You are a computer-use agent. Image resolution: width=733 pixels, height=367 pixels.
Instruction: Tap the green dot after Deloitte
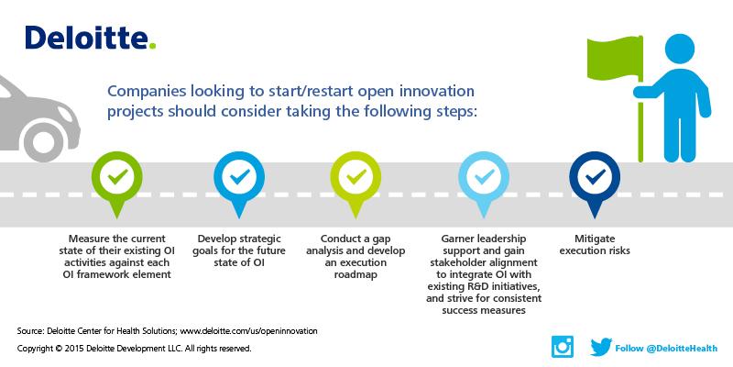click(153, 46)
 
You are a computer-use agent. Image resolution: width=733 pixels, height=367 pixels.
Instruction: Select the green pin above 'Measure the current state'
click(115, 177)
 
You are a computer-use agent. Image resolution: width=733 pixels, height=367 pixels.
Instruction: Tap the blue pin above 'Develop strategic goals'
click(237, 177)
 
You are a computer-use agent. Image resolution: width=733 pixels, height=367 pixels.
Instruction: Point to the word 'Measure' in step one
click(82, 238)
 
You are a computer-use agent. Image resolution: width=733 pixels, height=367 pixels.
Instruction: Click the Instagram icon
click(562, 346)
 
